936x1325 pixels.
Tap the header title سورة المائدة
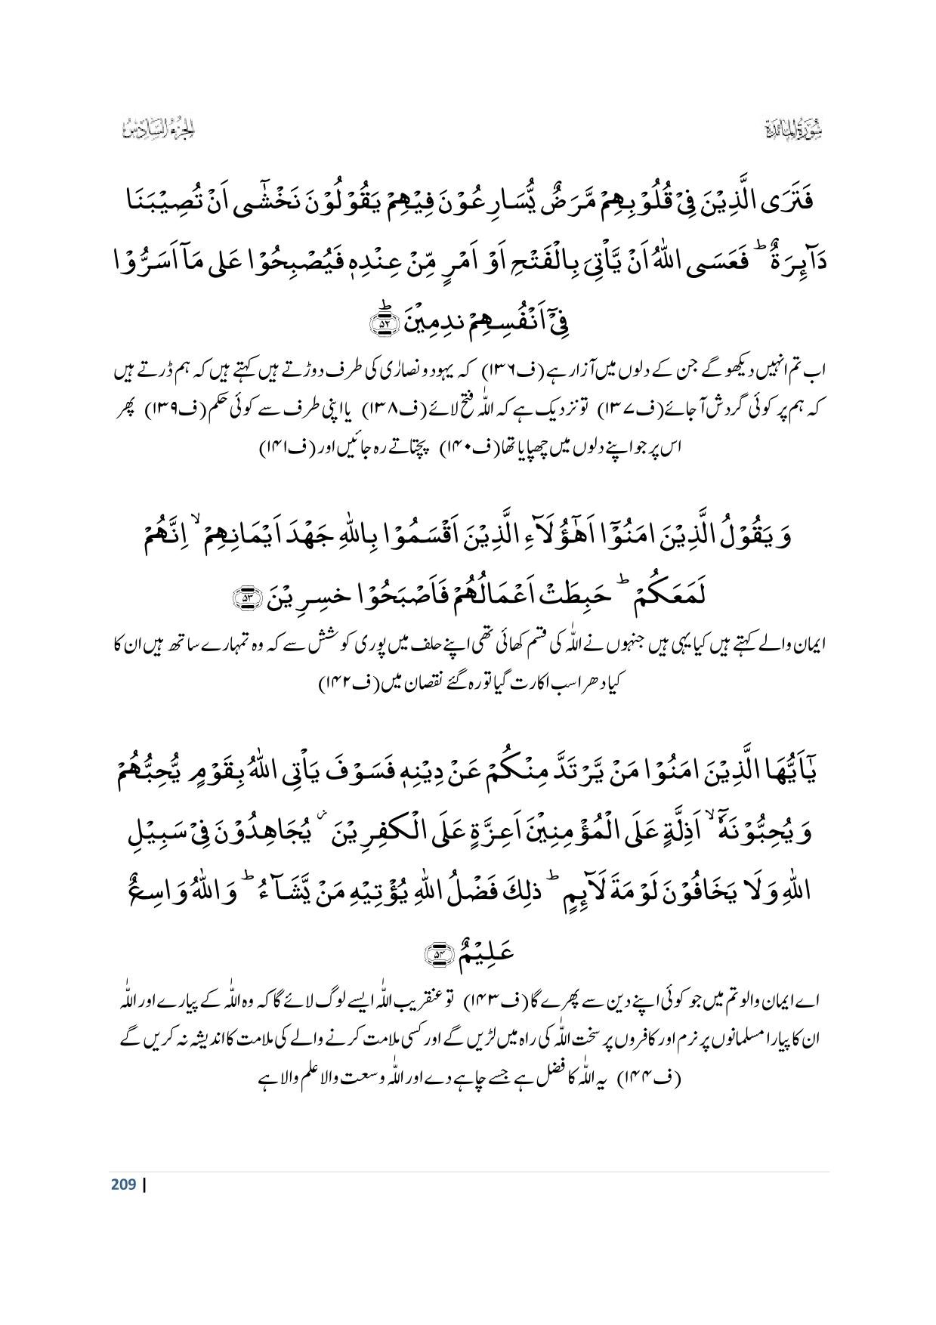coord(790,130)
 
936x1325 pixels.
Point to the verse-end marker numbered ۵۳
coord(246,578)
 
